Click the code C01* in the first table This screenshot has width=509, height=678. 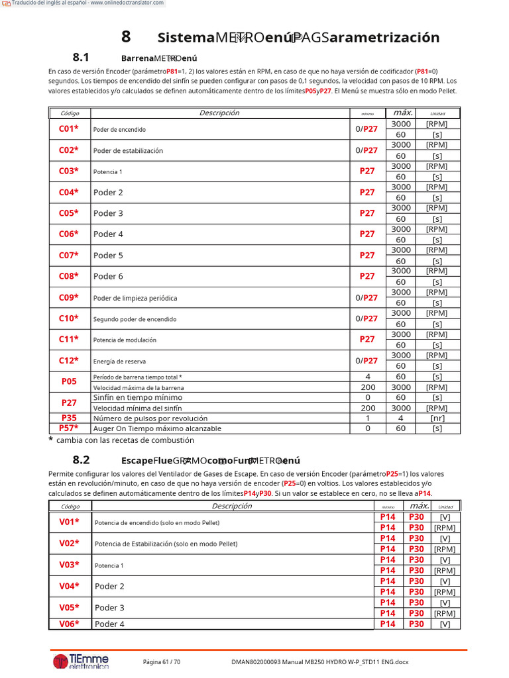click(69, 129)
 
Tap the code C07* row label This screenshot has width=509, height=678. click(69, 256)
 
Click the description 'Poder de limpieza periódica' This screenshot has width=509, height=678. click(135, 298)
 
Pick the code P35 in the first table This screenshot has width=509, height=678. click(69, 418)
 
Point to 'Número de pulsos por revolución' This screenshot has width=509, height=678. click(150, 418)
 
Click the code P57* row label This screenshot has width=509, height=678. click(69, 428)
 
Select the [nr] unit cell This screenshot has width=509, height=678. click(437, 418)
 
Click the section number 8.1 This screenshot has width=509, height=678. click(81, 58)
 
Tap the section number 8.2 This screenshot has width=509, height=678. click(81, 460)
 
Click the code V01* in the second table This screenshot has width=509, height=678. click(69, 522)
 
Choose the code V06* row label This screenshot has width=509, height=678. click(69, 624)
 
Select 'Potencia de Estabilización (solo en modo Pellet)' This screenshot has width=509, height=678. click(166, 544)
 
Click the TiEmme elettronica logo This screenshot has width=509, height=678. click(81, 661)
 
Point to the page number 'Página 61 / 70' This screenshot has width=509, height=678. click(162, 661)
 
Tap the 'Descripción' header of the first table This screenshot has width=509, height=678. click(219, 113)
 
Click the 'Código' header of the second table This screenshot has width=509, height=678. click(70, 507)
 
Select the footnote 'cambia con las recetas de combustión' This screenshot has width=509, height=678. click(120, 440)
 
